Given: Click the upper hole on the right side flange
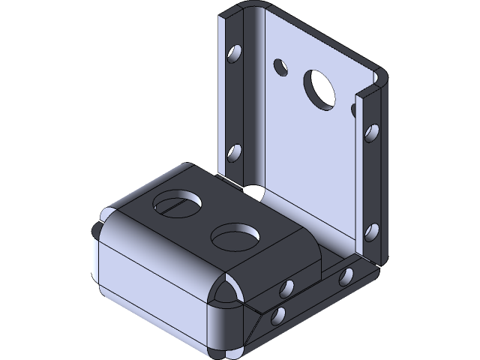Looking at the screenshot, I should click(372, 134).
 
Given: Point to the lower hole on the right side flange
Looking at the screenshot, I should click(370, 229).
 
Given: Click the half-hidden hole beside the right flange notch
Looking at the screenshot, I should click(355, 110).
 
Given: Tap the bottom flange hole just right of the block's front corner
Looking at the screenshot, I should click(287, 287).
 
